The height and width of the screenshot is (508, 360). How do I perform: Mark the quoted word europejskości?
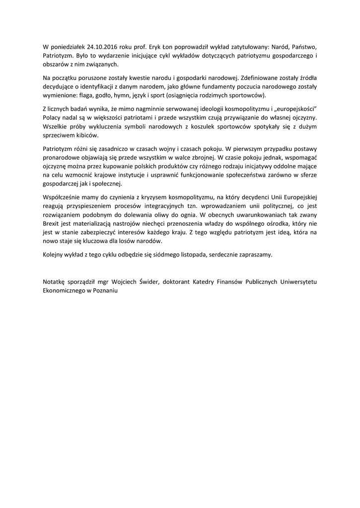click(295, 109)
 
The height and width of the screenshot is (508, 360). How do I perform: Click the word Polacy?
click(54, 118)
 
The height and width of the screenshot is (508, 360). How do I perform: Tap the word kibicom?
click(88, 135)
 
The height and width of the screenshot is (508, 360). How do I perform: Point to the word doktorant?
click(183, 282)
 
